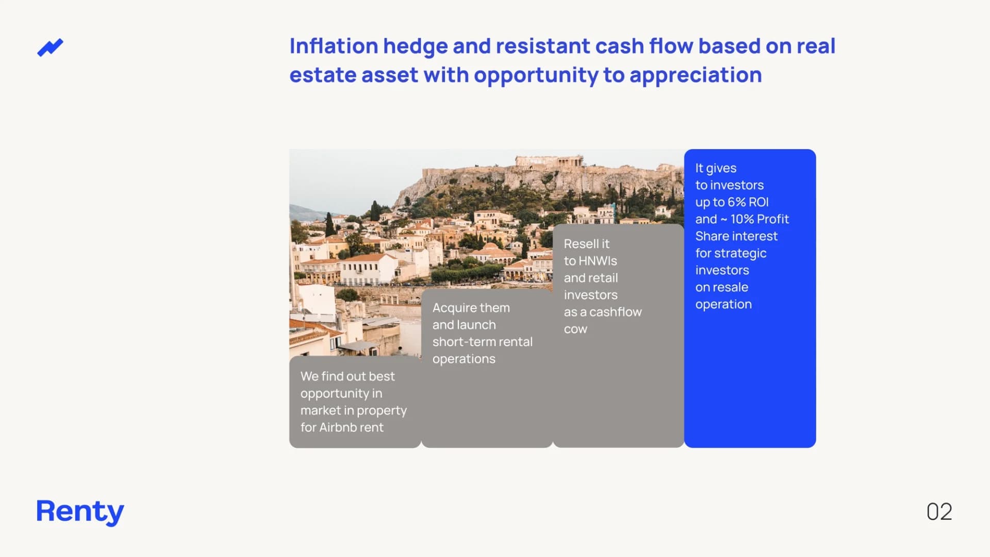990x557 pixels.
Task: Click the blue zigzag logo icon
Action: pos(50,47)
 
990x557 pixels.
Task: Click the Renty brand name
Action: pos(80,512)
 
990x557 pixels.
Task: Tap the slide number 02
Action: pos(939,512)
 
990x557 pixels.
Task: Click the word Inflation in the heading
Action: pos(334,46)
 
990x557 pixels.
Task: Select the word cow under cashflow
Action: pos(575,329)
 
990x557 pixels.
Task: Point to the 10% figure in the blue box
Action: pos(742,219)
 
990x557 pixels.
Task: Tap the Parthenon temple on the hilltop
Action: pos(550,161)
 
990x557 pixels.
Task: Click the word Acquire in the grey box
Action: pos(454,308)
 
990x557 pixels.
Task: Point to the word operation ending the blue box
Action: pos(723,305)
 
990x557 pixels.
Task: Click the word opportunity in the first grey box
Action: pos(334,394)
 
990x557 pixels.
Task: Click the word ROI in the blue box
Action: pos(758,202)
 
